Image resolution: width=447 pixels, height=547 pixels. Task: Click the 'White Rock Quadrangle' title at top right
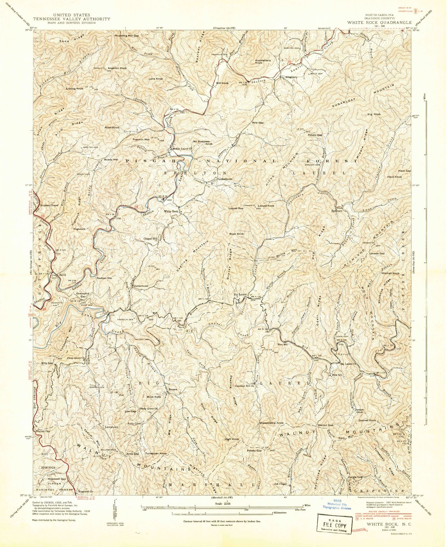point(379,22)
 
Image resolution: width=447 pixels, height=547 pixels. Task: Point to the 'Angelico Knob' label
point(117,68)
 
